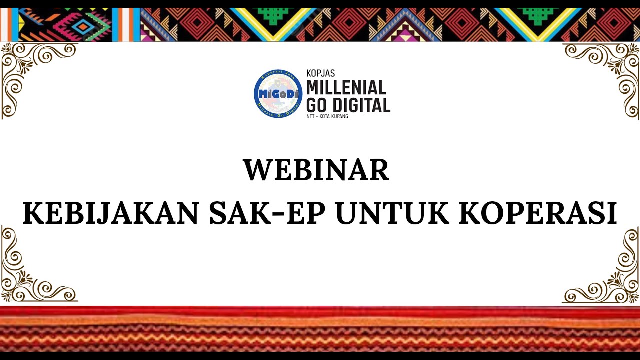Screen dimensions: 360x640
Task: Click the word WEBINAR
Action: tap(316, 170)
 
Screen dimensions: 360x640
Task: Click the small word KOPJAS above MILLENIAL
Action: tap(320, 73)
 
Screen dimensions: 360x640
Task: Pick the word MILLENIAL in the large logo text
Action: tap(346, 88)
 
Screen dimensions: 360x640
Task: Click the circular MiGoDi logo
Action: tap(278, 94)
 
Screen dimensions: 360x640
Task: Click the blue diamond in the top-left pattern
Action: tap(85, 25)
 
